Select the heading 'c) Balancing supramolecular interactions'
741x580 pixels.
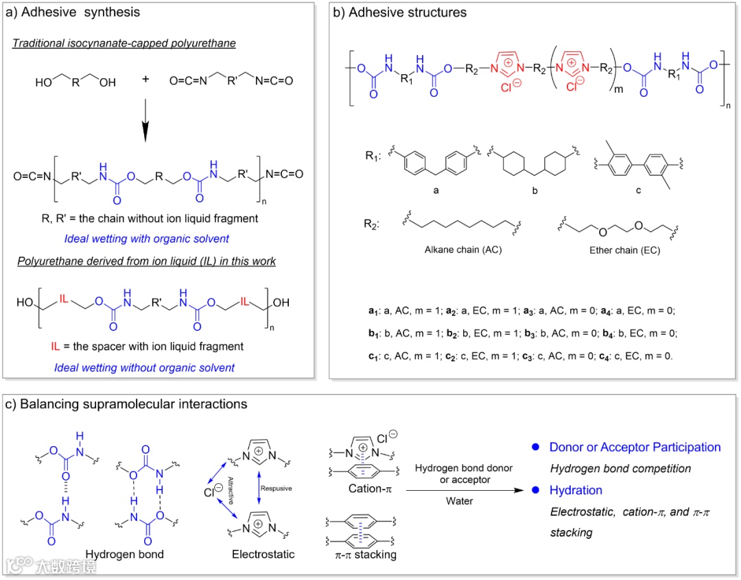click(x=126, y=404)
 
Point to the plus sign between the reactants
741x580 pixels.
click(x=145, y=79)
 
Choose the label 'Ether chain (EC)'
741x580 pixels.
click(x=625, y=251)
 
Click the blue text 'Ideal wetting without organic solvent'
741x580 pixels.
click(x=144, y=367)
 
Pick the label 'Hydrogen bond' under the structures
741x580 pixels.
click(x=125, y=554)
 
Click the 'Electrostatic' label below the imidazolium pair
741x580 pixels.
click(x=263, y=554)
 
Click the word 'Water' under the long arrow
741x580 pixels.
click(x=458, y=501)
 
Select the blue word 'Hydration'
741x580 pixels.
click(x=576, y=490)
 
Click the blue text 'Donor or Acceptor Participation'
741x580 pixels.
click(x=635, y=448)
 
